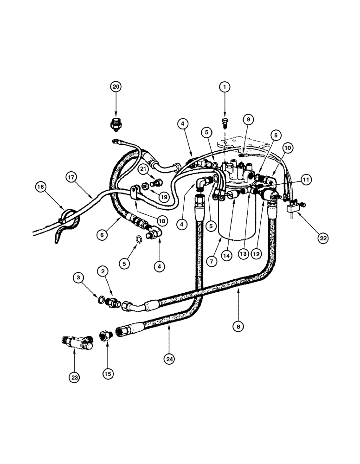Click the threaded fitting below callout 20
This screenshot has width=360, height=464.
116,124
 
